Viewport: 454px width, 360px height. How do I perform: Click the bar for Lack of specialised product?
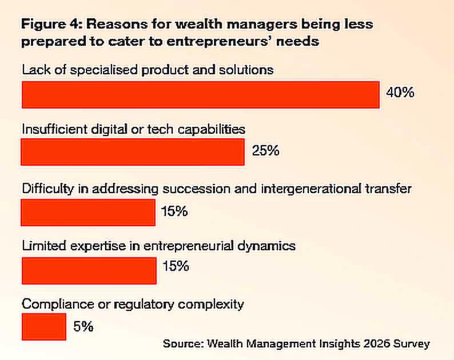pyautogui.click(x=200, y=94)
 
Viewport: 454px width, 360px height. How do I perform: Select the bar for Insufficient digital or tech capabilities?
pyautogui.click(x=133, y=153)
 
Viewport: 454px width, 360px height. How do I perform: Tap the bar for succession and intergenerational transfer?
pyautogui.click(x=88, y=212)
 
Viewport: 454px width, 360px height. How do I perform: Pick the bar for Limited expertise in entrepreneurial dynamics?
pyautogui.click(x=89, y=270)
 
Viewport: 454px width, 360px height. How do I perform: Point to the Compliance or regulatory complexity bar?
pyautogui.click(x=43, y=327)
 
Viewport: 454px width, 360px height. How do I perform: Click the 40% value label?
pyautogui.click(x=400, y=93)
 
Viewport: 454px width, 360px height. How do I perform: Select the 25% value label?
pyautogui.click(x=265, y=151)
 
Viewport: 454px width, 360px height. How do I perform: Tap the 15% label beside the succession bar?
pyautogui.click(x=174, y=211)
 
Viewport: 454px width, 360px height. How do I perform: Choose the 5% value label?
pyautogui.click(x=83, y=327)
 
